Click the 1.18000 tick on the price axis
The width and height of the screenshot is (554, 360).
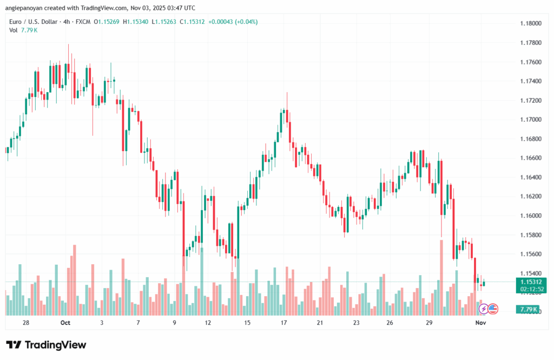click(x=530, y=24)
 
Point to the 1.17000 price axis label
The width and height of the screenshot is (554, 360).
click(x=530, y=120)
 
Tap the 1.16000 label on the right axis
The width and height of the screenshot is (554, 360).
click(x=530, y=215)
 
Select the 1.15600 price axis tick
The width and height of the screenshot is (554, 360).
click(x=530, y=254)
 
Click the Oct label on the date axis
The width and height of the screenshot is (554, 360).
click(x=65, y=323)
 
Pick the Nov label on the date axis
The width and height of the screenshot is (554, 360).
click(x=480, y=323)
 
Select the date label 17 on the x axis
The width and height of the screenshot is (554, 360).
click(x=283, y=323)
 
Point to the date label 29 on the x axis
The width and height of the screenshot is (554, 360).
click(x=429, y=323)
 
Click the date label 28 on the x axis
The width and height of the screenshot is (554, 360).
click(x=26, y=323)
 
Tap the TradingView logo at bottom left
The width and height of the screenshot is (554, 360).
click(x=46, y=345)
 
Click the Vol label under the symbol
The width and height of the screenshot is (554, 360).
click(x=13, y=30)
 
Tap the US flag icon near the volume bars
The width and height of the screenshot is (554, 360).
click(x=492, y=309)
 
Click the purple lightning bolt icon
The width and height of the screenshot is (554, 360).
click(x=483, y=309)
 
